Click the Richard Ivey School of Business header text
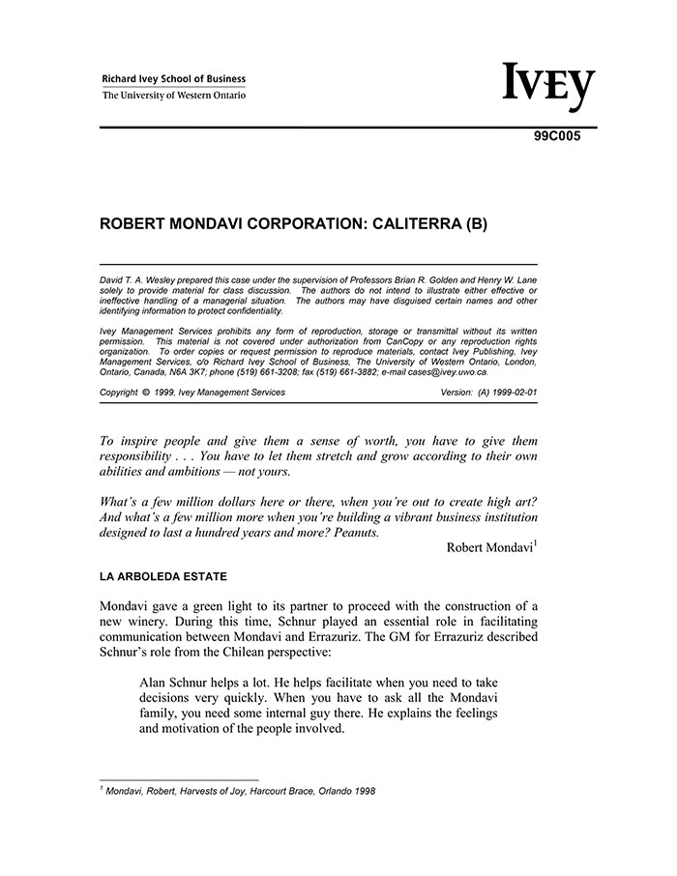(x=174, y=79)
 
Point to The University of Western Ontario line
(x=174, y=96)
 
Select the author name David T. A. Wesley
(x=141, y=278)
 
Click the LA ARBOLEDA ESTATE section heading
(x=163, y=577)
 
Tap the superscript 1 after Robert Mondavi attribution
(x=535, y=543)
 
